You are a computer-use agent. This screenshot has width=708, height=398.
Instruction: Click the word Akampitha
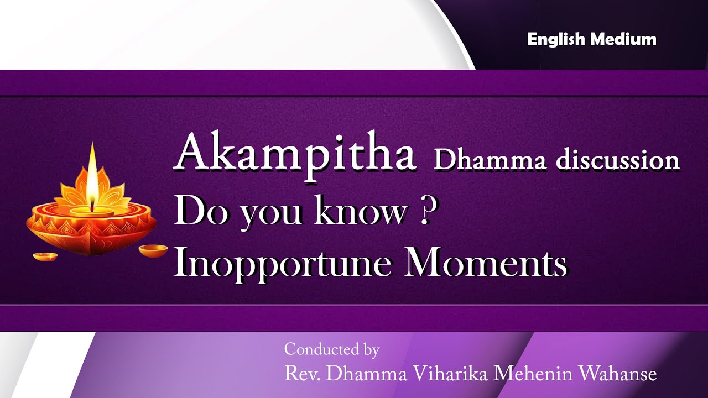tap(295, 154)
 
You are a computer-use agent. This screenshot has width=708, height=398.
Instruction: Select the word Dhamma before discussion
tap(490, 160)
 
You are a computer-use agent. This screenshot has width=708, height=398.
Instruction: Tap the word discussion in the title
tap(617, 160)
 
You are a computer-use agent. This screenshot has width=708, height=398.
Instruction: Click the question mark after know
tap(425, 212)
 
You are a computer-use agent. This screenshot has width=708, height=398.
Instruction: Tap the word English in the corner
tap(556, 39)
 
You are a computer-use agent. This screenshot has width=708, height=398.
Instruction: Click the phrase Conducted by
tap(331, 349)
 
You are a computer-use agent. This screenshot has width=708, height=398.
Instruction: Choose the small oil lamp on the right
tap(153, 250)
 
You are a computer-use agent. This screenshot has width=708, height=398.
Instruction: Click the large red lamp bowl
tap(91, 229)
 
